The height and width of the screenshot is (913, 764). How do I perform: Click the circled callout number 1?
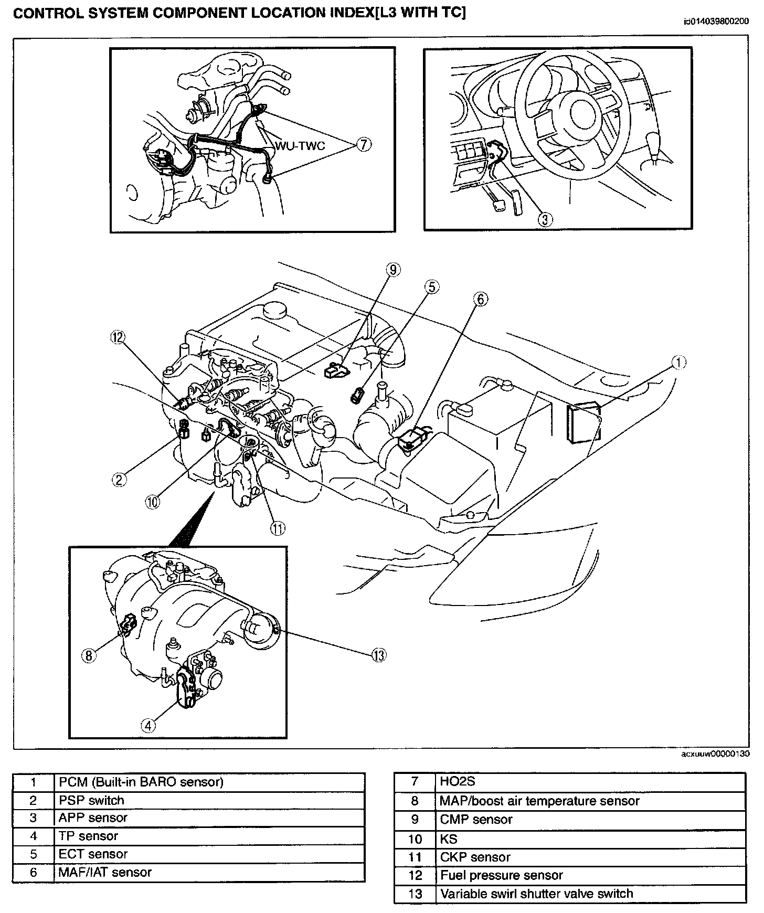tap(679, 363)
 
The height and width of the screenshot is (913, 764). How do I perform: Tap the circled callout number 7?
tap(364, 144)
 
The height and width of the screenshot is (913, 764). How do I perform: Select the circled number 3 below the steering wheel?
tap(545, 219)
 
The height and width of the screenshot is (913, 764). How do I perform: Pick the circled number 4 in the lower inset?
tap(148, 725)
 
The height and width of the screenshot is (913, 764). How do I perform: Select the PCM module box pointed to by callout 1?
tap(582, 422)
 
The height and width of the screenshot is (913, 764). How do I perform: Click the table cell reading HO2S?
tap(590, 782)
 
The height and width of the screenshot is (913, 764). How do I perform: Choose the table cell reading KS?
tap(590, 838)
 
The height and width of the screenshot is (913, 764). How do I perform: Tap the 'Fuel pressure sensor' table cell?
tap(590, 875)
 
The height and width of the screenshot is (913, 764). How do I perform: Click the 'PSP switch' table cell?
tap(209, 800)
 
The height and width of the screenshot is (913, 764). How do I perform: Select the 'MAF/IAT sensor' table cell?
tap(209, 873)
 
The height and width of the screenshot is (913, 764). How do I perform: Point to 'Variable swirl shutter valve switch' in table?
tap(590, 894)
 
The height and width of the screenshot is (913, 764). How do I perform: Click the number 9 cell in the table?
tap(415, 820)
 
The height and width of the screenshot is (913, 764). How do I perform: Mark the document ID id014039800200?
tap(716, 22)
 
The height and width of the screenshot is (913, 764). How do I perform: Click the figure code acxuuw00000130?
tap(715, 754)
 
